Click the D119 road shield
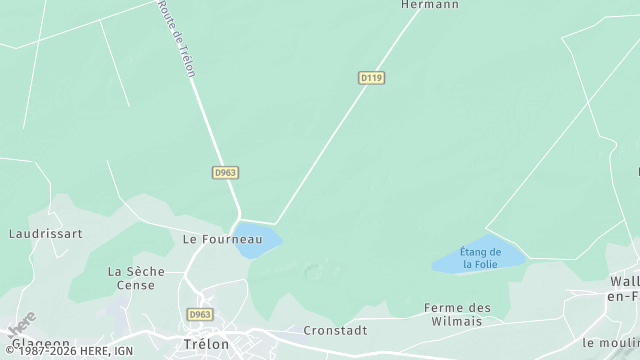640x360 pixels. tap(371, 77)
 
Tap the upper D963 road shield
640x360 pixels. tap(226, 172)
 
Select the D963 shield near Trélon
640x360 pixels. tap(200, 314)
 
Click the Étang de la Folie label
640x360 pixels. tap(480, 258)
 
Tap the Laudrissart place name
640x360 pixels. tap(45, 233)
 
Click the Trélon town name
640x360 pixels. tap(207, 344)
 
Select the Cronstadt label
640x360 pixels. tap(335, 330)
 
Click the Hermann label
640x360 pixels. tap(429, 5)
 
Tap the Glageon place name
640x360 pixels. tap(40, 344)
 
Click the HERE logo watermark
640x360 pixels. tap(20, 326)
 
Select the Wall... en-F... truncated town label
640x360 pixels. tap(624, 289)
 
